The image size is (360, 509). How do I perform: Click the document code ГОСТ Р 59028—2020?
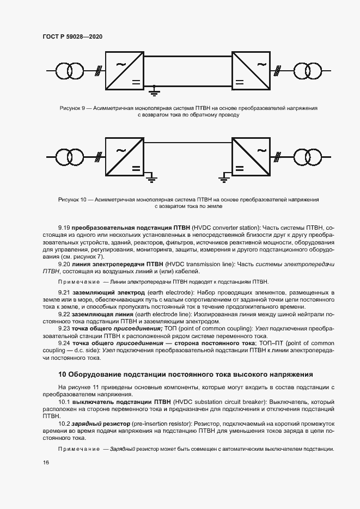pyautogui.click(x=72, y=37)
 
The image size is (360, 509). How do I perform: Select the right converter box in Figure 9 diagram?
pyautogui.click(x=251, y=70)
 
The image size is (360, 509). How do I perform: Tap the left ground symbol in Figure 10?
pyautogui.click(x=152, y=176)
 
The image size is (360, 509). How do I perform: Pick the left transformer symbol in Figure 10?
pyautogui.click(x=69, y=158)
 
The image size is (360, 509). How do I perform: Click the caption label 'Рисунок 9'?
pyautogui.click(x=72, y=108)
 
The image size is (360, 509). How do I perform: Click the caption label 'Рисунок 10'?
pyautogui.click(x=73, y=200)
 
